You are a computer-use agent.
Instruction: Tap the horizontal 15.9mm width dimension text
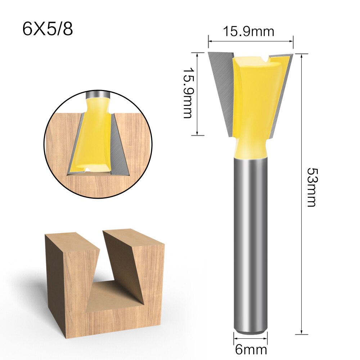(x=248, y=32)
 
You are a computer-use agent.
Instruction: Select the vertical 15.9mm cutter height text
(x=187, y=94)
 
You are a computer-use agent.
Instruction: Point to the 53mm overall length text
(x=310, y=187)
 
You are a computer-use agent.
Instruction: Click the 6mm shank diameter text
(x=251, y=349)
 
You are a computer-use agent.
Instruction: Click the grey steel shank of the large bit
(x=251, y=245)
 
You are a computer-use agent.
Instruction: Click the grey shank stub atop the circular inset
(x=97, y=94)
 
